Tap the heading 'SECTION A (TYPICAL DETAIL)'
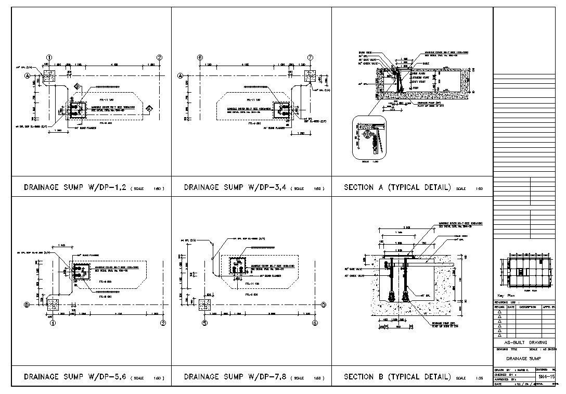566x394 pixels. (x=397, y=187)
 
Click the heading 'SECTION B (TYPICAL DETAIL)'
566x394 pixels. (x=397, y=376)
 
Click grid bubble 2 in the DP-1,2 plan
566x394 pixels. (x=160, y=57)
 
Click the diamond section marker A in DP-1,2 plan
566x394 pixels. (x=149, y=109)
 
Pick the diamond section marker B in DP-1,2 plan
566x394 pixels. (x=76, y=86)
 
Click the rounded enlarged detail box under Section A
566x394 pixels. (x=370, y=137)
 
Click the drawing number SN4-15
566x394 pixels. (x=545, y=376)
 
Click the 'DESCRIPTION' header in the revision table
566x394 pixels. (x=527, y=307)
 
